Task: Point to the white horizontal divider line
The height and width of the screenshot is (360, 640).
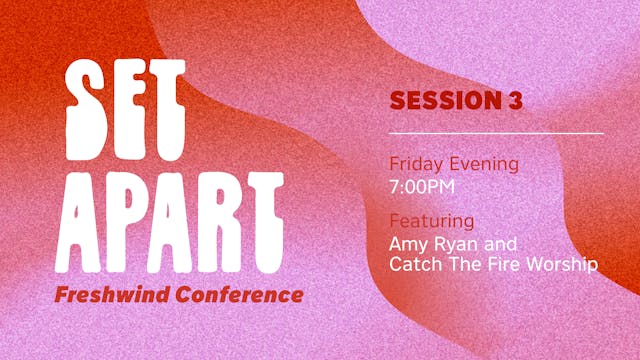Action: pos(496,133)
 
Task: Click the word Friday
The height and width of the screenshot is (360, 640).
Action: pos(415,164)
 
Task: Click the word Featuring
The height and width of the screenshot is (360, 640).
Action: pos(431,220)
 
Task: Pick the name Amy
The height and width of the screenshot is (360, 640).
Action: pos(407,243)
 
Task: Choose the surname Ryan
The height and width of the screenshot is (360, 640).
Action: pos(453,243)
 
